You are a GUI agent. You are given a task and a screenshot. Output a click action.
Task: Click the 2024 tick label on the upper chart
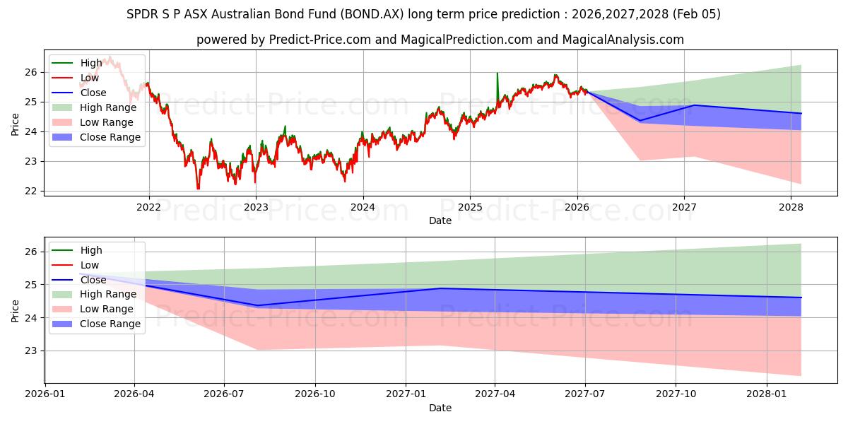click(363, 207)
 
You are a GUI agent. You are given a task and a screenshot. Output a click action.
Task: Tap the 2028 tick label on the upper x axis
click(791, 207)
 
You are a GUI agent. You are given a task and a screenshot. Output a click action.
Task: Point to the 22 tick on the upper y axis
click(31, 192)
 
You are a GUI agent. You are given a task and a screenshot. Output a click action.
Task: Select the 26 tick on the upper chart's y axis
click(31, 72)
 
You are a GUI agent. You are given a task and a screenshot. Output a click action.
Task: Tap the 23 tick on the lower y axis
click(31, 351)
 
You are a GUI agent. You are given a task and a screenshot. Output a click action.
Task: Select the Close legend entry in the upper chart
click(93, 93)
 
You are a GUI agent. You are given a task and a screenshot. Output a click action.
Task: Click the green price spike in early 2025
click(497, 73)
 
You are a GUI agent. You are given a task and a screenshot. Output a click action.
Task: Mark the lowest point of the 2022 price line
click(198, 188)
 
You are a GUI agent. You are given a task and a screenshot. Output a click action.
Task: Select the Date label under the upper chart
click(440, 220)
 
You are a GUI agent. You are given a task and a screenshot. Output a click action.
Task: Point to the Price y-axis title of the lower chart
click(15, 310)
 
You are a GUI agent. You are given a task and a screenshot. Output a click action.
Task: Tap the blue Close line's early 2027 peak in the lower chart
click(440, 288)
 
